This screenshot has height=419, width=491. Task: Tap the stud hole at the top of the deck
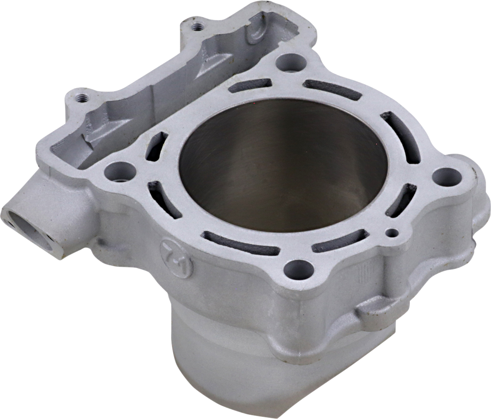(x=291, y=63)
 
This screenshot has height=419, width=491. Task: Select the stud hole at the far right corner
(x=447, y=177)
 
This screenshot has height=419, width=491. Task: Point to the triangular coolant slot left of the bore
(x=156, y=146)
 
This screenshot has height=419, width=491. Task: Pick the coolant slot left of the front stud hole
(x=240, y=244)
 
